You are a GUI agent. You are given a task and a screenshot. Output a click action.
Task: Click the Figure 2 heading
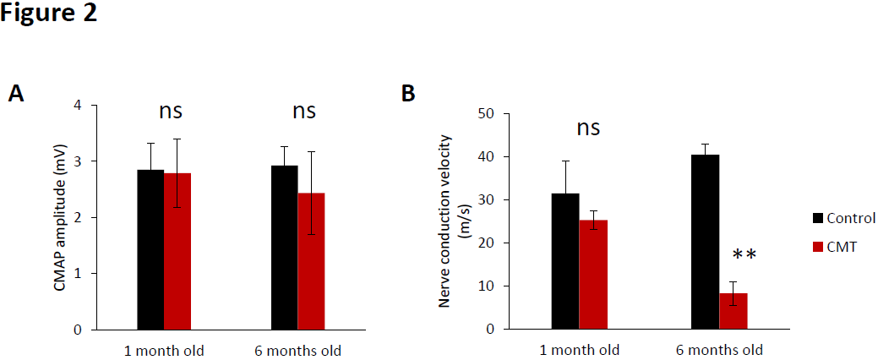coord(49,14)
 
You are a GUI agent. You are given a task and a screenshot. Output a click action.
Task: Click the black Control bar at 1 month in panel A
coord(150,249)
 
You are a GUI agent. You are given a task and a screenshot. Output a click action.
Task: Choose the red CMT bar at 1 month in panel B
coord(592,274)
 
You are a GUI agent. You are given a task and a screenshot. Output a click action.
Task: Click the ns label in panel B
coord(588,128)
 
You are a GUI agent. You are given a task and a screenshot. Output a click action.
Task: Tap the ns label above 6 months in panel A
coord(304,111)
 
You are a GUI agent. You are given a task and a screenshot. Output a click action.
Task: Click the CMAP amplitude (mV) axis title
coord(59,216)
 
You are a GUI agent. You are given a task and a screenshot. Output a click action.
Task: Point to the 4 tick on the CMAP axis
coord(78,106)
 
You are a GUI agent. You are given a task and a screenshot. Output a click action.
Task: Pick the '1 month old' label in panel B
coord(580,350)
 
